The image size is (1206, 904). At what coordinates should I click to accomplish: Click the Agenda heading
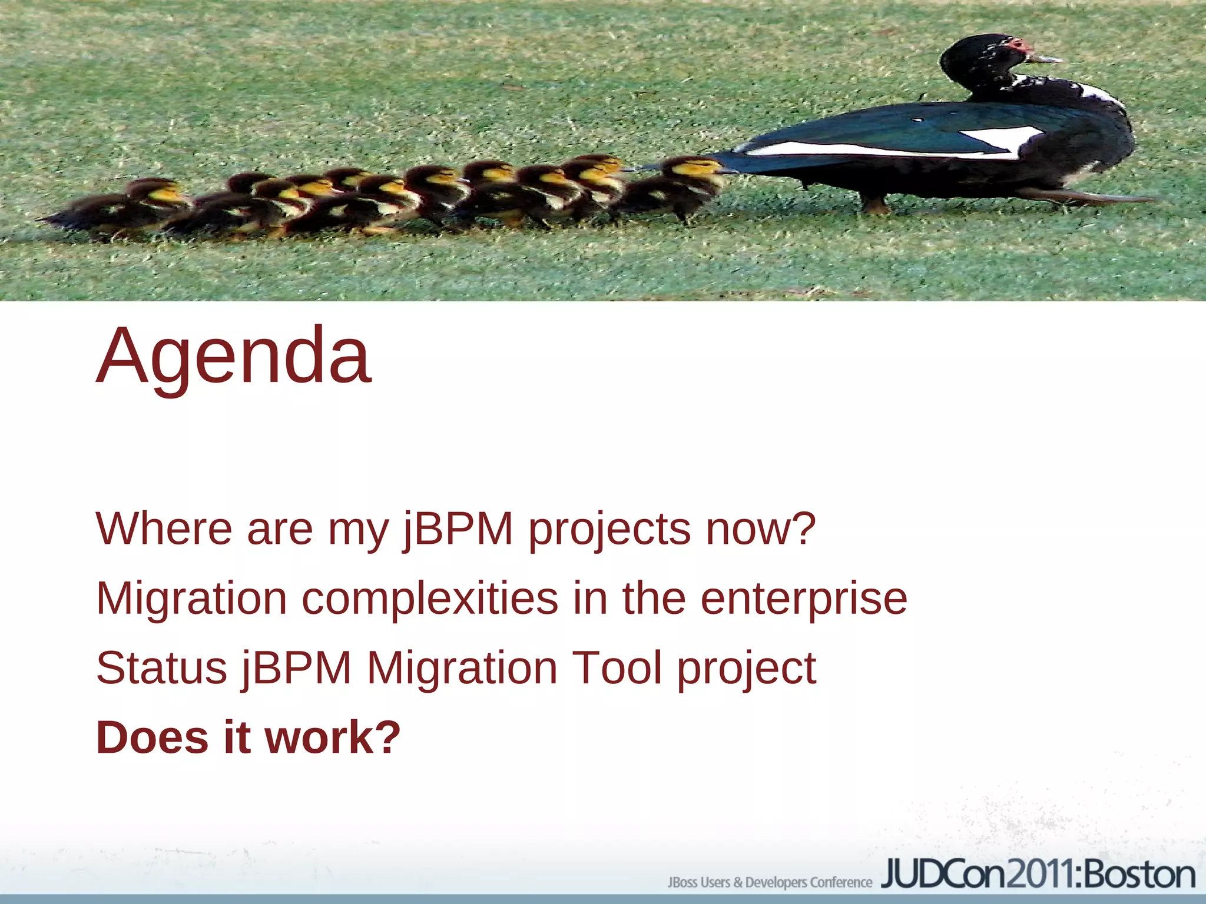click(x=234, y=357)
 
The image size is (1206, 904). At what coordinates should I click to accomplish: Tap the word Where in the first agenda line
click(x=164, y=529)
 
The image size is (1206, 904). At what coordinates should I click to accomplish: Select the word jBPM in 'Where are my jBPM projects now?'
click(x=458, y=529)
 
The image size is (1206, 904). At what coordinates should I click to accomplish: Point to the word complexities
click(x=430, y=599)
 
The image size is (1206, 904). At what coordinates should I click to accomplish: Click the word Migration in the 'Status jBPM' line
click(x=462, y=669)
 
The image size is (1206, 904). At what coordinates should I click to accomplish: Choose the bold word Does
click(x=152, y=737)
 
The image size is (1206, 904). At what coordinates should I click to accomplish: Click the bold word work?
click(x=333, y=737)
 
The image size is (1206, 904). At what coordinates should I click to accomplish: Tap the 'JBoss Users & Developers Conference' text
click(x=769, y=882)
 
